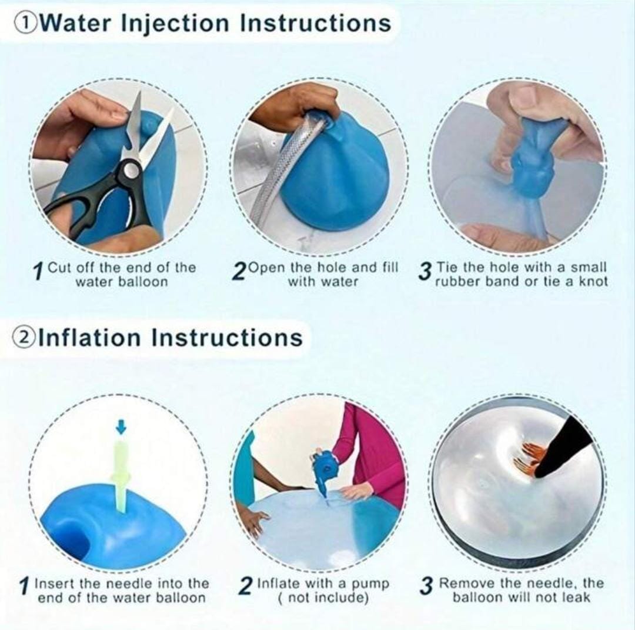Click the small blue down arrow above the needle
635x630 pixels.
(x=121, y=426)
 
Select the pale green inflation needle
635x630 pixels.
(x=122, y=474)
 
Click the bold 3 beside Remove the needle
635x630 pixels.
(x=426, y=586)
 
